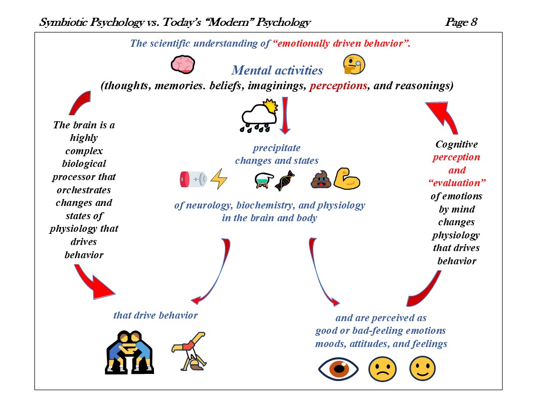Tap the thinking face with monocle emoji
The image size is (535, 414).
(x=354, y=65)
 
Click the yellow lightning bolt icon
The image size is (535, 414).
(x=219, y=179)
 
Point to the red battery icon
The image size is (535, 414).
(x=193, y=179)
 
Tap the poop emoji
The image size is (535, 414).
(x=321, y=179)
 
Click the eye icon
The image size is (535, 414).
(x=338, y=369)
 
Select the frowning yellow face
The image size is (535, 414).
(x=381, y=369)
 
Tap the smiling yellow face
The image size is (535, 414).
(x=422, y=369)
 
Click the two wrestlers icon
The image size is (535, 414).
(x=129, y=353)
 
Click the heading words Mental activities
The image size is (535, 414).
(x=277, y=71)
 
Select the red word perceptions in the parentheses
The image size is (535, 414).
(x=338, y=86)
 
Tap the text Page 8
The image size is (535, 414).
(x=461, y=22)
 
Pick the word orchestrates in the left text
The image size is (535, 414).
(x=84, y=190)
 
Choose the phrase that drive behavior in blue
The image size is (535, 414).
(x=156, y=316)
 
